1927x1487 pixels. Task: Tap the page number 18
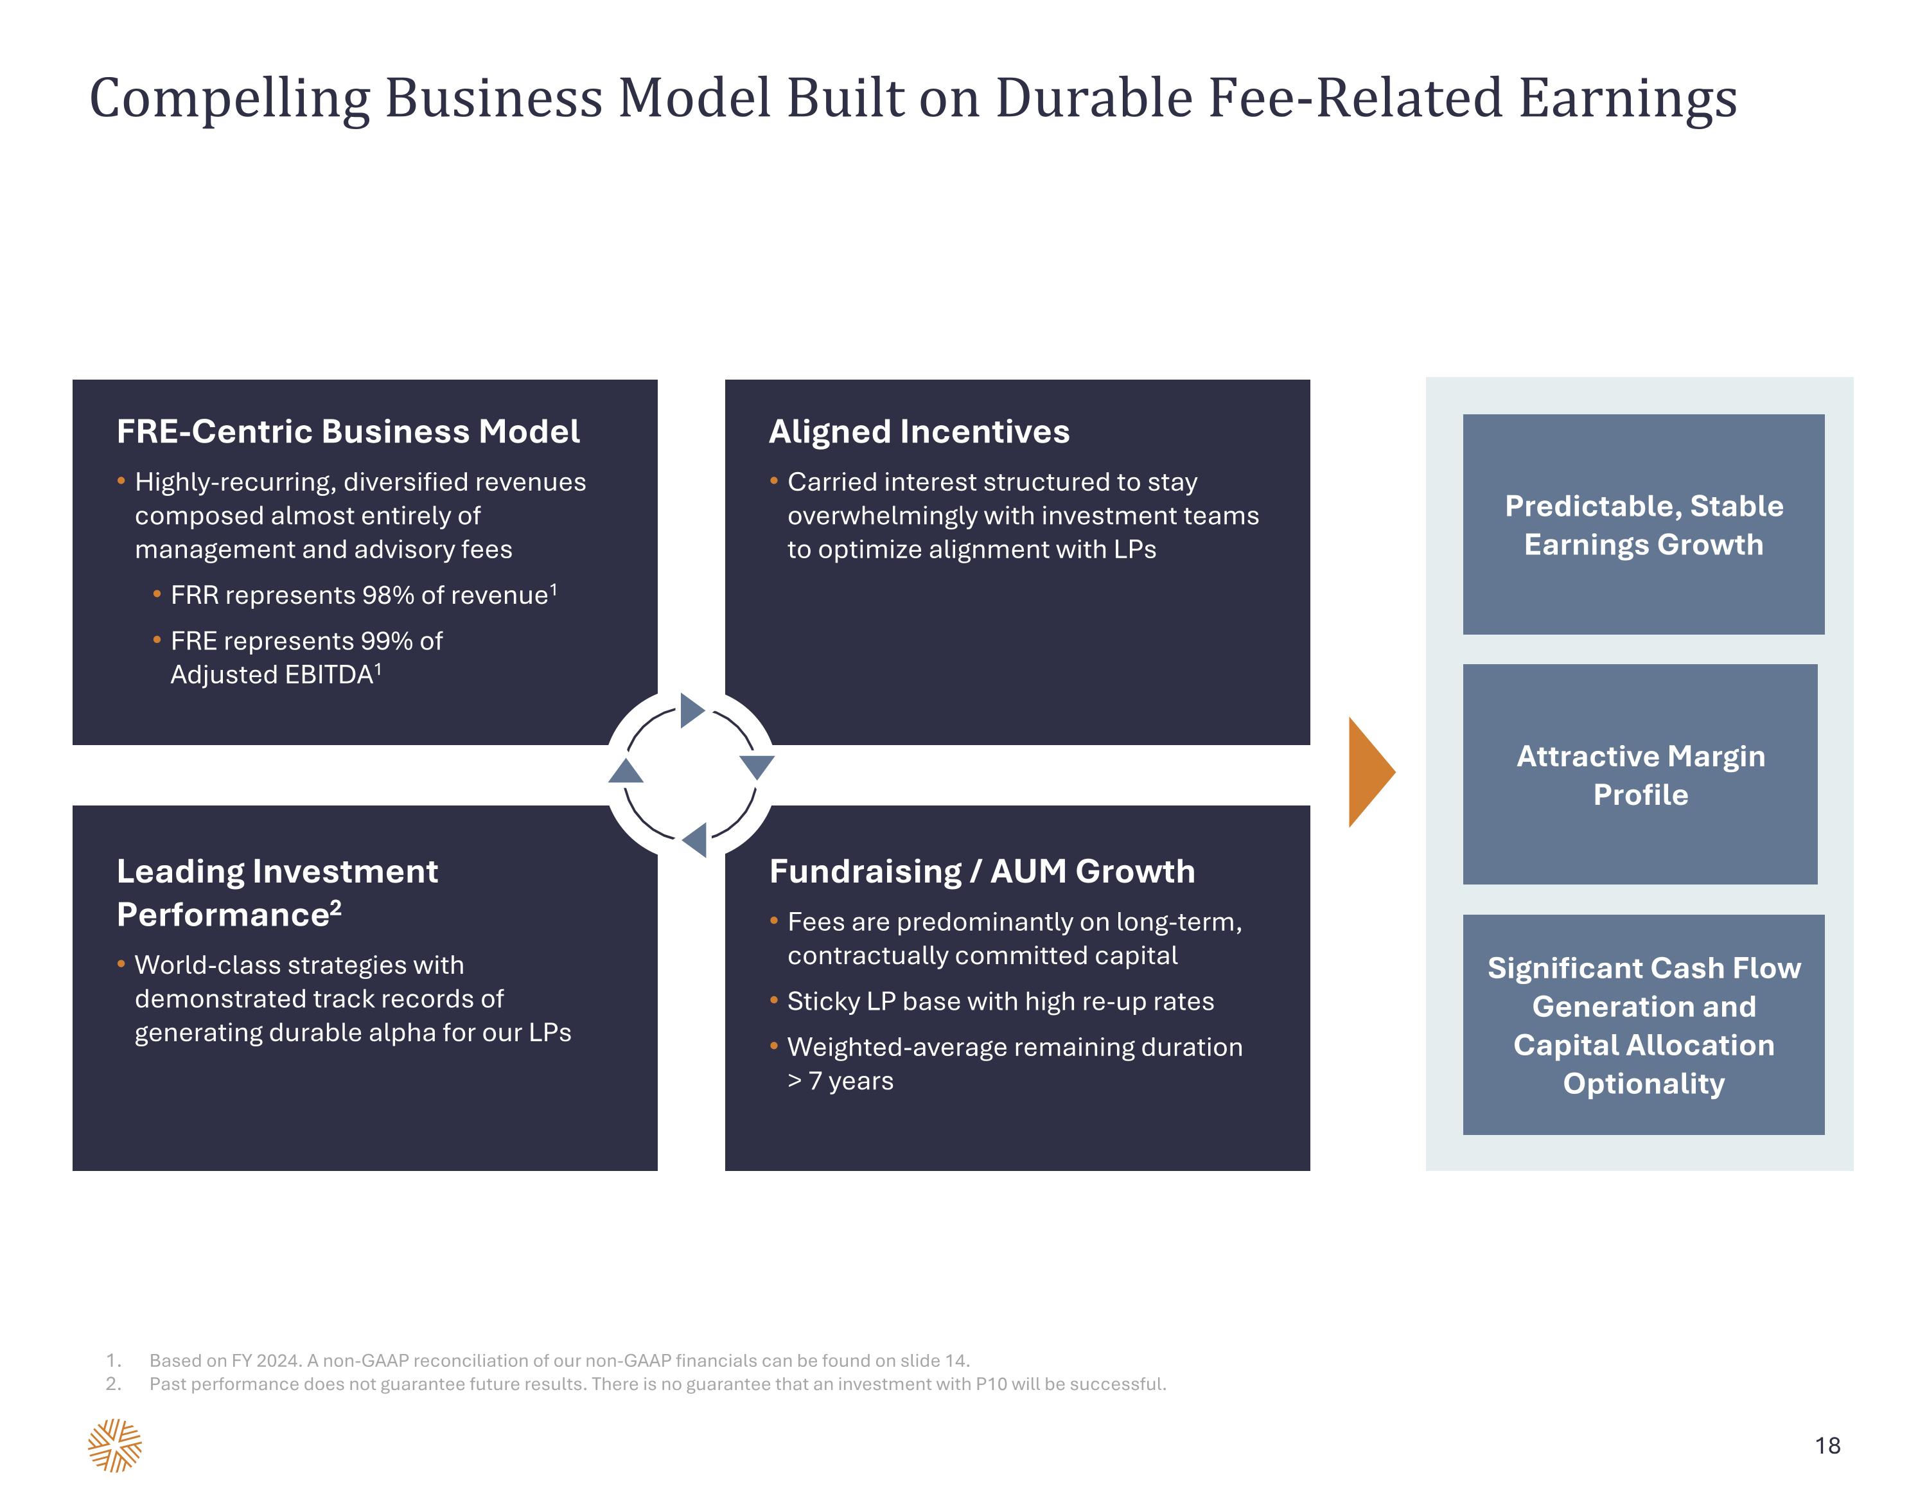1827,1445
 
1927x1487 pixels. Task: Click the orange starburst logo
115,1445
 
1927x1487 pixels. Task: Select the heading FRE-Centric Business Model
349,432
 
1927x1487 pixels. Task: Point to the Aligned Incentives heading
919,432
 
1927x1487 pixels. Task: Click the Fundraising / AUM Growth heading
982,871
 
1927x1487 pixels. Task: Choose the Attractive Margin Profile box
1641,774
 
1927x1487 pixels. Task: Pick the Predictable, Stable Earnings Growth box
1644,524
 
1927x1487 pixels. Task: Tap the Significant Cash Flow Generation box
1644,1025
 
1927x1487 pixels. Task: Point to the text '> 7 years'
840,1081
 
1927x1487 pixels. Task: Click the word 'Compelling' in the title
229,99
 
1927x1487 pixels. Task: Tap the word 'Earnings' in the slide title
1627,99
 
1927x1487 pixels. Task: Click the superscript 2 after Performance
335,906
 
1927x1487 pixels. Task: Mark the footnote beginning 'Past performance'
635,1384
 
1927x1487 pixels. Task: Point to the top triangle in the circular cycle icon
692,710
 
